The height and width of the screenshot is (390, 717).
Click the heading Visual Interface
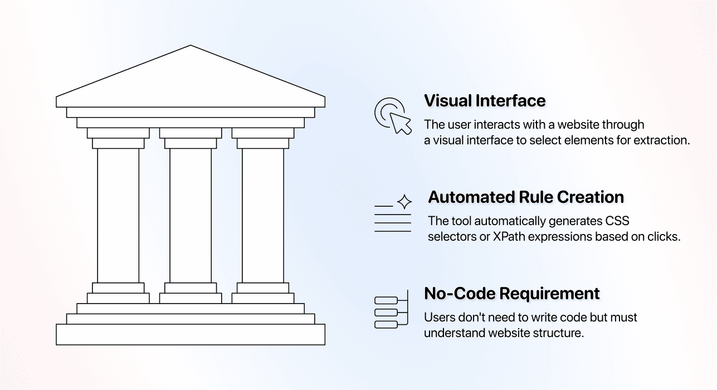click(x=485, y=101)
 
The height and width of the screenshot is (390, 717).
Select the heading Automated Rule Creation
click(x=525, y=197)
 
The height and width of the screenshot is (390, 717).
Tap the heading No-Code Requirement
click(x=511, y=293)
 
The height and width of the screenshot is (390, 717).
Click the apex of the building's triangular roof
click(x=191, y=46)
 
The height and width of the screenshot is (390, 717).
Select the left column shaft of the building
click(x=118, y=215)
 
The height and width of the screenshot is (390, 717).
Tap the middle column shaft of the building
click(x=191, y=215)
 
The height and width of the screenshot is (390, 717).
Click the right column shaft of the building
click(x=263, y=215)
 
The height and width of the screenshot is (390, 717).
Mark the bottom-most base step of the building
click(x=191, y=334)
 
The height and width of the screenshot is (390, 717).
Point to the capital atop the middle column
click(x=191, y=138)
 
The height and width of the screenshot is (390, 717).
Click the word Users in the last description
click(x=437, y=318)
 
